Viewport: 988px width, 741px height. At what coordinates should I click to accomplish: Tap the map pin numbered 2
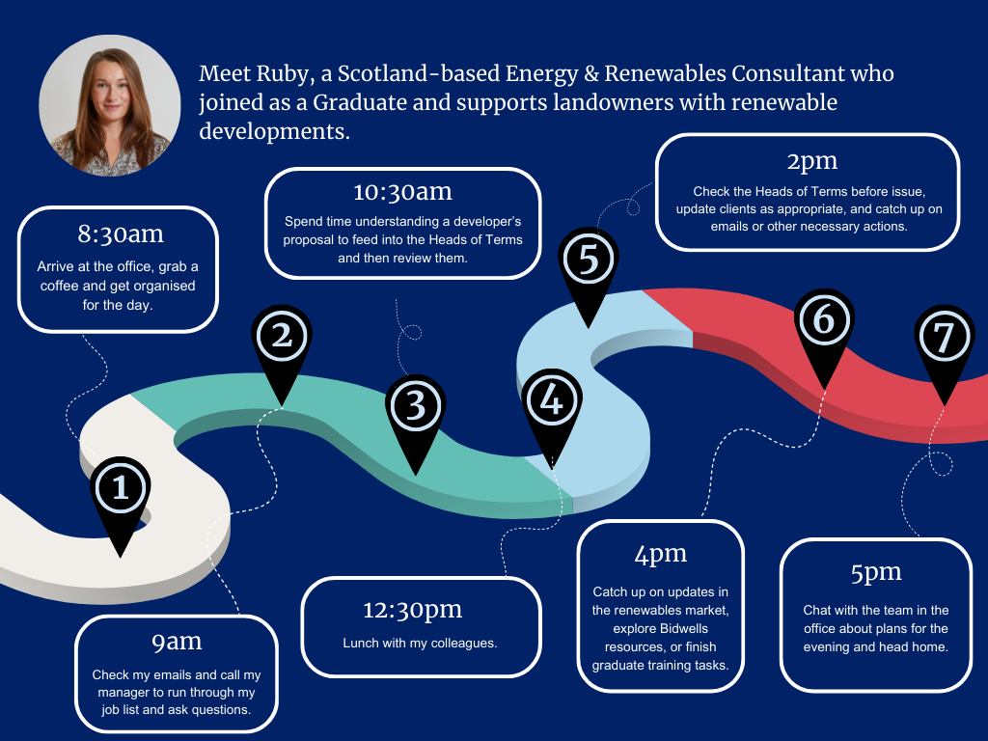pyautogui.click(x=281, y=337)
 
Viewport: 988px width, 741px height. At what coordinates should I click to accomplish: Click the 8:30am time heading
pyautogui.click(x=121, y=233)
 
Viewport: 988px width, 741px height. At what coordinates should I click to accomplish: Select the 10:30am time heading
pyautogui.click(x=402, y=192)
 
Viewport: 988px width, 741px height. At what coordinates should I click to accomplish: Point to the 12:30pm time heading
pyautogui.click(x=420, y=609)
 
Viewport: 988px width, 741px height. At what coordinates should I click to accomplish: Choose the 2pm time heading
pyautogui.click(x=810, y=159)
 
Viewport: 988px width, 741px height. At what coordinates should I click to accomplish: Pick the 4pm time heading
pyautogui.click(x=660, y=554)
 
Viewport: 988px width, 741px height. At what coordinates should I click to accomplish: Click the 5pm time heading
pyautogui.click(x=875, y=572)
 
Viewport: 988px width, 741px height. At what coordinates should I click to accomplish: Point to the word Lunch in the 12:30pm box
pyautogui.click(x=362, y=643)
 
